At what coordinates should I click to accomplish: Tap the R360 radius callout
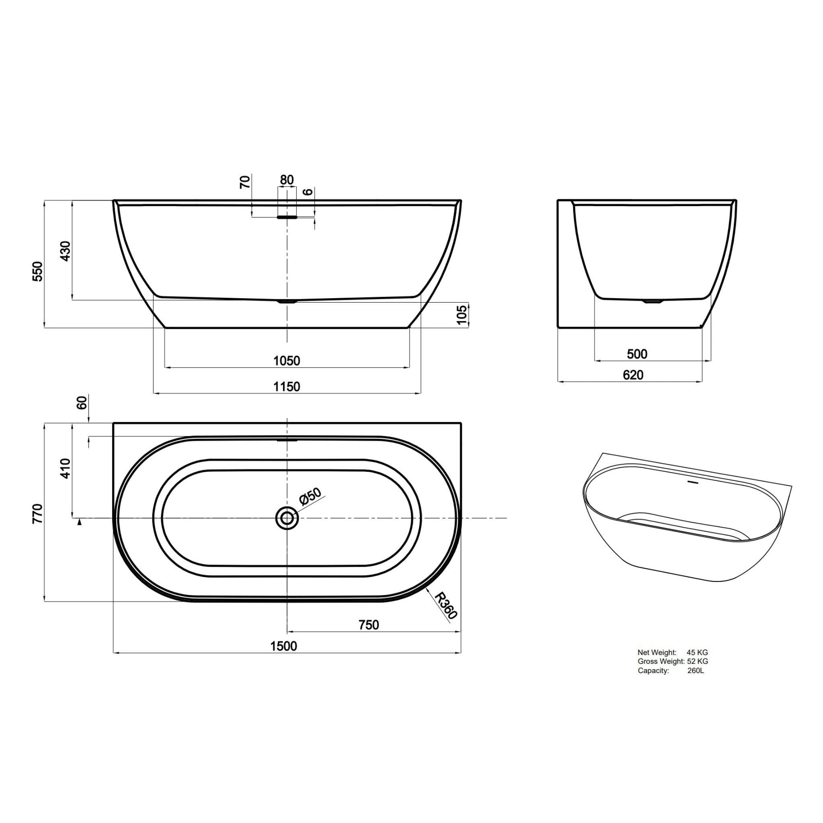[446, 606]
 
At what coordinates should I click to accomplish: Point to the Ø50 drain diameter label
[310, 497]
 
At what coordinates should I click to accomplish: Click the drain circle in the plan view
[287, 518]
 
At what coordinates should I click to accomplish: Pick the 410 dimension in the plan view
[65, 469]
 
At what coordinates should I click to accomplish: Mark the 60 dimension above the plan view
[82, 402]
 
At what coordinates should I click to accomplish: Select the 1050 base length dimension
[287, 361]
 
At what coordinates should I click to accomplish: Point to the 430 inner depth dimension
[65, 251]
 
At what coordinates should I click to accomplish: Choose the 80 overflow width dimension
[287, 180]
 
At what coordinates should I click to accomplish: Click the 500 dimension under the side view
[637, 354]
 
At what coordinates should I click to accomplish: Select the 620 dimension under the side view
[633, 375]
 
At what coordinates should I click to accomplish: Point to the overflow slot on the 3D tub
[694, 483]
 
